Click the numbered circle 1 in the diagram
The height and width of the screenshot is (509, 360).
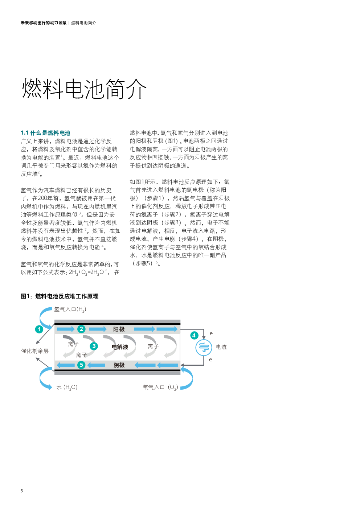click(39, 329)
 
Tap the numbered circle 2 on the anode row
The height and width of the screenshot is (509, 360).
click(81, 329)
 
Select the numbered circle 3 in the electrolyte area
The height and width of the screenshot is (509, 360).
click(94, 346)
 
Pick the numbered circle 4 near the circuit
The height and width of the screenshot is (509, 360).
click(194, 335)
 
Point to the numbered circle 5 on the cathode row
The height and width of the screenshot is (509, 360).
click(81, 365)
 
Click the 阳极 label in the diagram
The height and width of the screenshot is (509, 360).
click(119, 329)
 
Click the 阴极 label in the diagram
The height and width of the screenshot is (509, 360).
click(119, 365)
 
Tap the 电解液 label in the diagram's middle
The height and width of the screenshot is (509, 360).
click(120, 347)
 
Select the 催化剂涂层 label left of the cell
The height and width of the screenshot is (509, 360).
click(34, 351)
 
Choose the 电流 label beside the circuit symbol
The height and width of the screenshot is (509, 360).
click(221, 347)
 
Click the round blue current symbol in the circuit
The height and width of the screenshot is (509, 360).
click(204, 348)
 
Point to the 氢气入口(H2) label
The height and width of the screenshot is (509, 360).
click(70, 309)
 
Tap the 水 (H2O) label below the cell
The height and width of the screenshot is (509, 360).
click(67, 387)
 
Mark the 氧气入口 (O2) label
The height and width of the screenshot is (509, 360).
click(160, 387)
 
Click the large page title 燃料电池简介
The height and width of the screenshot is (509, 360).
click(84, 89)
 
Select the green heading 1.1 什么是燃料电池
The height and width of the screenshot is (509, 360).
click(45, 133)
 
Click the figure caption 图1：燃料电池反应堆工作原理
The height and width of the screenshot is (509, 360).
click(60, 296)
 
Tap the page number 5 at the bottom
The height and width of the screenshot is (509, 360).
click(22, 491)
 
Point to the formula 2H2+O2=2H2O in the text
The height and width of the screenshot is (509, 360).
click(87, 272)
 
